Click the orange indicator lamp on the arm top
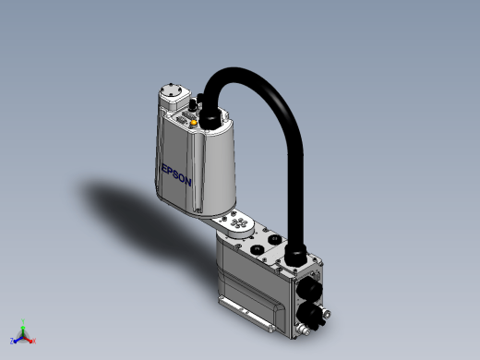pyautogui.click(x=194, y=123)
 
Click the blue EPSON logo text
pyautogui.click(x=176, y=175)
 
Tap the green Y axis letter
pyautogui.click(x=23, y=321)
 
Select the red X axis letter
pyautogui.click(x=34, y=341)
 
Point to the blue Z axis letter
pyautogui.click(x=12, y=341)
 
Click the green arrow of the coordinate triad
pyautogui.click(x=23, y=330)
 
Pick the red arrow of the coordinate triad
pyautogui.click(x=28, y=340)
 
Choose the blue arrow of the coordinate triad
pyautogui.click(x=18, y=340)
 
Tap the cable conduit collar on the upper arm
pyautogui.click(x=210, y=119)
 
